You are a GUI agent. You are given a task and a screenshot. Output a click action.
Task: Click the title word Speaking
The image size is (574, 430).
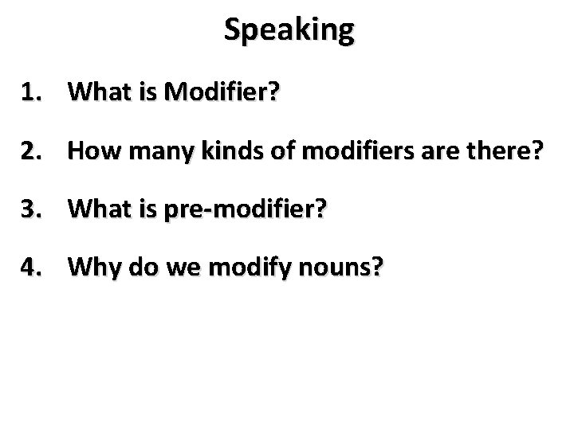(289, 30)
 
